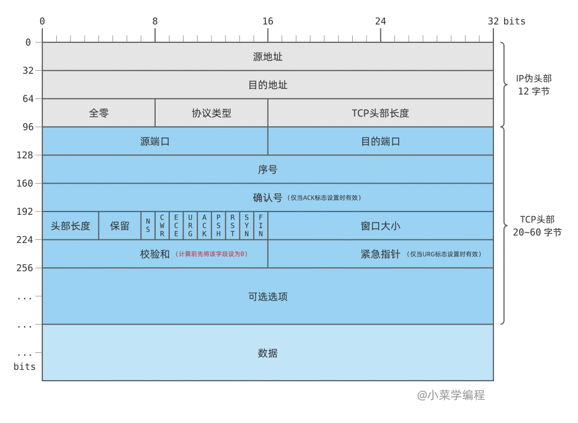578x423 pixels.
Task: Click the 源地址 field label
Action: [268, 57]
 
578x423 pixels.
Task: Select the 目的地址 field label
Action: [268, 85]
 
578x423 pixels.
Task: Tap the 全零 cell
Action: [98, 113]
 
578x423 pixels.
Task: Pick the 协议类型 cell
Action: [211, 113]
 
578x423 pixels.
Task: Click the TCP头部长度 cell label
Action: [380, 113]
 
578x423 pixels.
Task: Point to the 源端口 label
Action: [155, 141]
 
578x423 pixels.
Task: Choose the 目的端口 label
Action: [380, 141]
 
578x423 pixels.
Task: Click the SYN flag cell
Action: [247, 225]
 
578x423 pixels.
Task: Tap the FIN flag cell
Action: [261, 225]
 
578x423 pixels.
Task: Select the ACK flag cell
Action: [204, 225]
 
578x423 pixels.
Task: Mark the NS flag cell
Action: [148, 225]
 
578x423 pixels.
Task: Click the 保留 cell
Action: [120, 225]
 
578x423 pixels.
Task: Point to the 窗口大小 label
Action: [380, 225]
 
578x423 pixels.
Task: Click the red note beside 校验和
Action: [211, 254]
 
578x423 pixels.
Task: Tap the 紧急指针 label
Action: [380, 254]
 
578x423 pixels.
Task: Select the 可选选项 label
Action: [268, 296]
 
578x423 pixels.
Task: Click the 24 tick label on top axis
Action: [381, 21]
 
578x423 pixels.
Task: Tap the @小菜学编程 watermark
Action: [451, 395]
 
